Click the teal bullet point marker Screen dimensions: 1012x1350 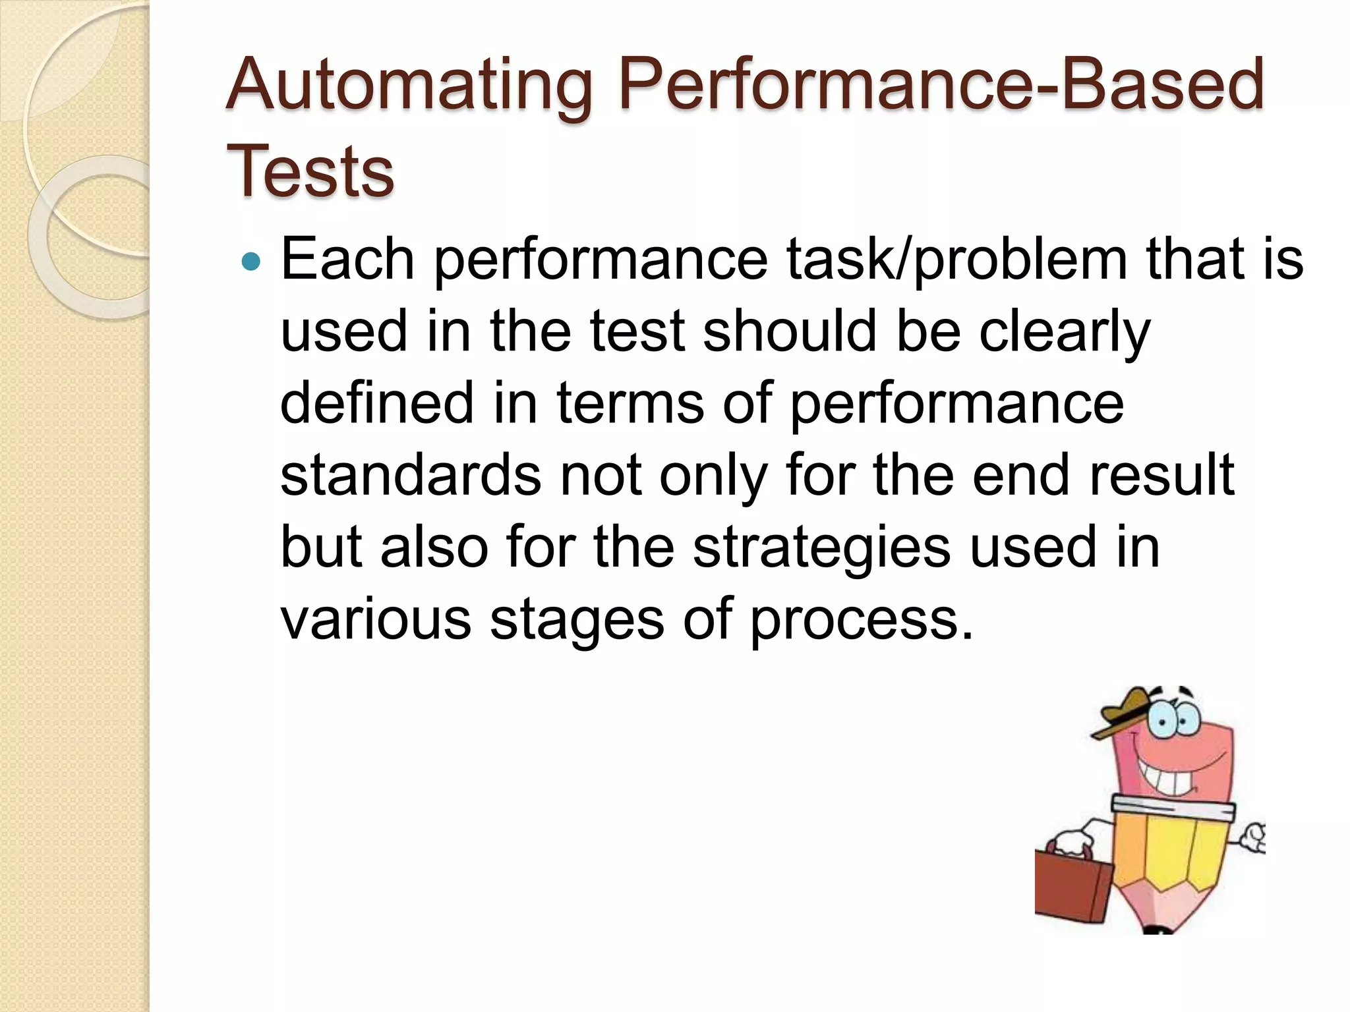251,262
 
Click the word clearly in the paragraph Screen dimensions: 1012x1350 1065,333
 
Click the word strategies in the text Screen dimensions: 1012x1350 821,548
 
